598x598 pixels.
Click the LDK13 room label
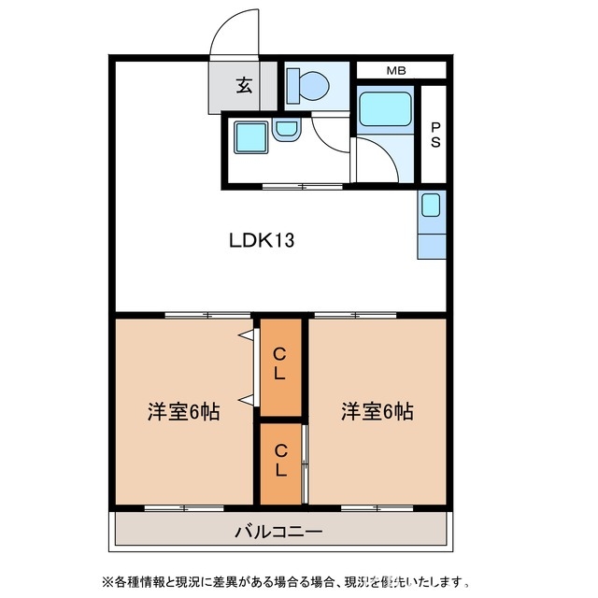pyautogui.click(x=263, y=240)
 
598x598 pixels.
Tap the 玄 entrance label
pyautogui.click(x=244, y=86)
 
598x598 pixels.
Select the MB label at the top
pyautogui.click(x=396, y=70)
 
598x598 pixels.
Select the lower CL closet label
pyautogui.click(x=280, y=463)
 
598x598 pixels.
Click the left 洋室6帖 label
pyautogui.click(x=183, y=411)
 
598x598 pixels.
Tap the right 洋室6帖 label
pyautogui.click(x=377, y=411)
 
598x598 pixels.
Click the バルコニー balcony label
pyautogui.click(x=278, y=533)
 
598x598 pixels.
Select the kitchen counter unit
pyautogui.click(x=432, y=225)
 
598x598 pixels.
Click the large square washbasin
pyautogui.click(x=249, y=138)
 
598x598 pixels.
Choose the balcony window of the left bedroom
pyautogui.click(x=183, y=508)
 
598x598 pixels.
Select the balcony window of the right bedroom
pyautogui.click(x=377, y=508)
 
